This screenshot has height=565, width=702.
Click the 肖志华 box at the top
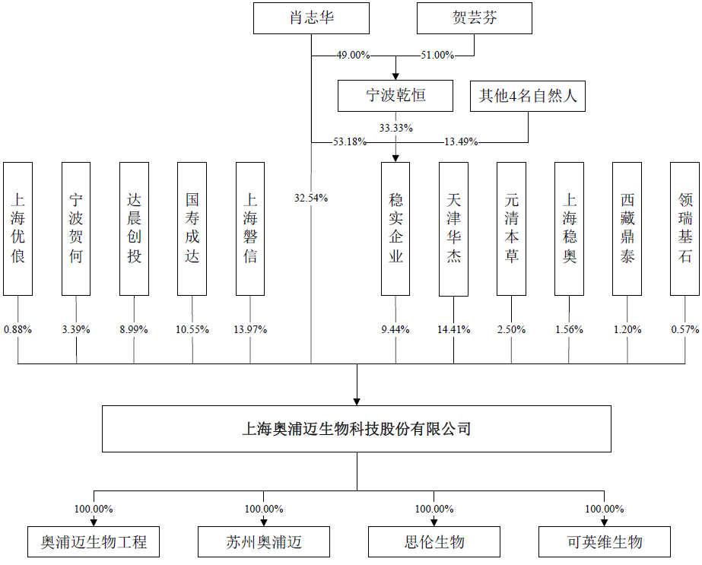click(x=311, y=18)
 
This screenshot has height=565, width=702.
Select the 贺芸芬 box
click(x=474, y=18)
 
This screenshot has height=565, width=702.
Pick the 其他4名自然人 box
click(x=528, y=96)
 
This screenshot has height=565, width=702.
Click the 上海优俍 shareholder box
click(x=18, y=228)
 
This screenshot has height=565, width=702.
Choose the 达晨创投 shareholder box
click(x=135, y=228)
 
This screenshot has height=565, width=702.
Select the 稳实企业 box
click(x=395, y=228)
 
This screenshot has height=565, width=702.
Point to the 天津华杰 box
click(x=454, y=228)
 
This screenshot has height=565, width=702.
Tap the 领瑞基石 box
click(x=685, y=228)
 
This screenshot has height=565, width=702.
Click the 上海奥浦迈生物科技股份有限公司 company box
click(x=357, y=429)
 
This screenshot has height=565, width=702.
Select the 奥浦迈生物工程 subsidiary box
click(x=94, y=542)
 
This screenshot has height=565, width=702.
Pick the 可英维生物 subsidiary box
click(x=605, y=542)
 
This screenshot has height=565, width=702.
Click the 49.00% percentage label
click(x=353, y=56)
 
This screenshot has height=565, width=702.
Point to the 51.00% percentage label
click(x=437, y=56)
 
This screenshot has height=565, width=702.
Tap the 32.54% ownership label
click(x=311, y=198)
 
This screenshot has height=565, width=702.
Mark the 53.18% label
click(x=350, y=141)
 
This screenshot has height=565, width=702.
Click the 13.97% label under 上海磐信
click(x=250, y=330)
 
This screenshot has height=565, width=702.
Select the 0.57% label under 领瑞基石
click(x=685, y=330)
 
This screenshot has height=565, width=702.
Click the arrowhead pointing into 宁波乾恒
click(x=395, y=75)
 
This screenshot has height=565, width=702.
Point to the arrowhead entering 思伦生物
click(x=434, y=522)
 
